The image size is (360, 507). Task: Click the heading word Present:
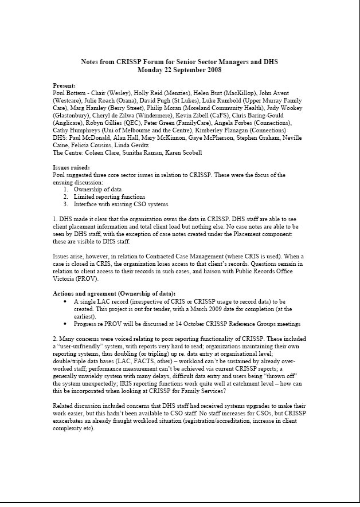64,85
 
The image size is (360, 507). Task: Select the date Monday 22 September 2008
179,70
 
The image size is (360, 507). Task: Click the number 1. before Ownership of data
66,189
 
